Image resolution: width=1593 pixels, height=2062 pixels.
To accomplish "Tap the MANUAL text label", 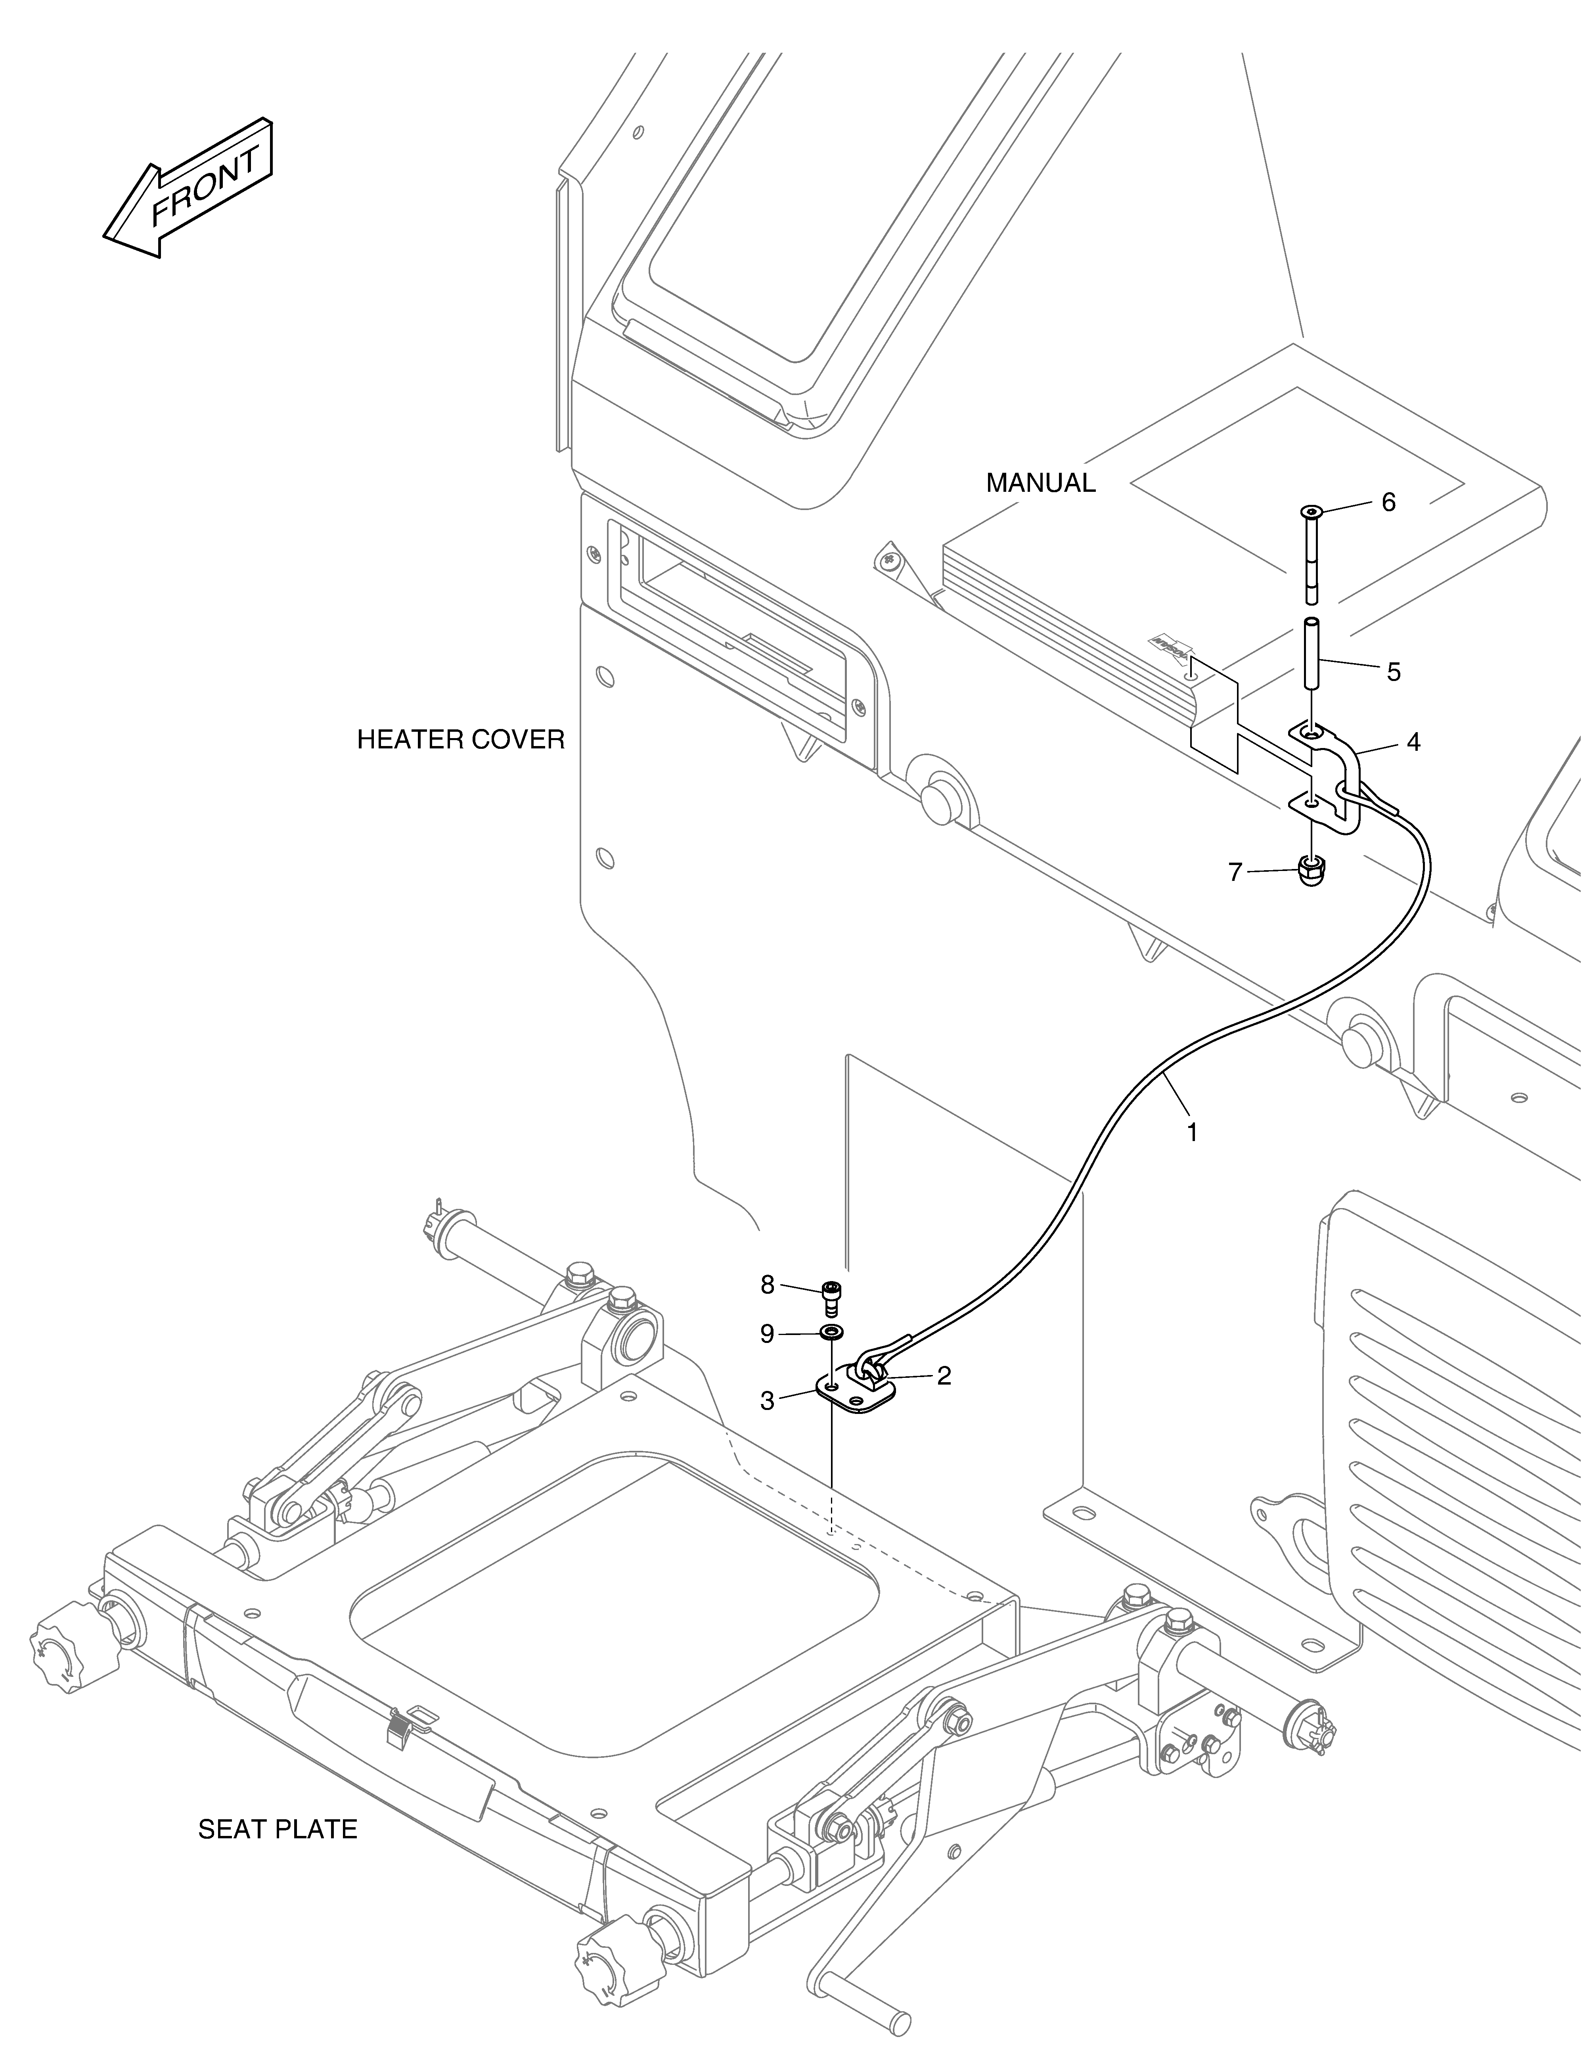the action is click(x=1041, y=483).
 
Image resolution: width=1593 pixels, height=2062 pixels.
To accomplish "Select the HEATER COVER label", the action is click(x=461, y=739).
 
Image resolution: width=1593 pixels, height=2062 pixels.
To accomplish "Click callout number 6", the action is click(x=1388, y=502).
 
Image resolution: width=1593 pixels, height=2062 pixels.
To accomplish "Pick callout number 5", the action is click(x=1393, y=672).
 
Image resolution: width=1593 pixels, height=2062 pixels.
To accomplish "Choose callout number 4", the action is click(x=1413, y=742).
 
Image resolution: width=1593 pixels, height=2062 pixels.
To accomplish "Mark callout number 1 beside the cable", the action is click(x=1192, y=1132).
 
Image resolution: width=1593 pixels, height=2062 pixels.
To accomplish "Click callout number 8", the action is click(x=767, y=1284).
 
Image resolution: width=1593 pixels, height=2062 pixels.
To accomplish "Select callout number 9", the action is click(x=767, y=1334).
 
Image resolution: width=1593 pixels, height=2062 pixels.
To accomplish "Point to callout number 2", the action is click(x=943, y=1375).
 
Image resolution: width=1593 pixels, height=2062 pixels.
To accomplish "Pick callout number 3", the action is click(x=767, y=1401).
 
